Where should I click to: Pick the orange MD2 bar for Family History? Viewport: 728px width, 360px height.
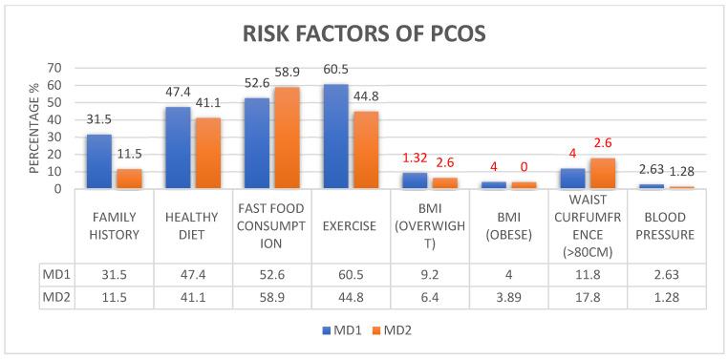click(x=128, y=179)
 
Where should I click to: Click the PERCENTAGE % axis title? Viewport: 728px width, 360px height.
click(x=32, y=128)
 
